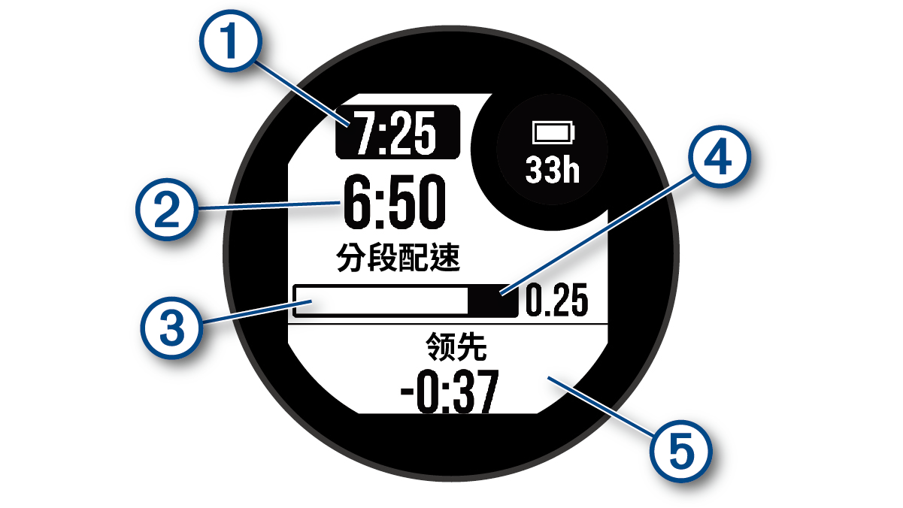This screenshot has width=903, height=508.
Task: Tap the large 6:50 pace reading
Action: [x=391, y=201]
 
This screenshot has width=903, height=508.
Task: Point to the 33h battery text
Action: [x=553, y=171]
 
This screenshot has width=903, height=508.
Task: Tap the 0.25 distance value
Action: [x=556, y=302]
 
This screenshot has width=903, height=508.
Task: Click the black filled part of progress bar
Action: [x=492, y=302]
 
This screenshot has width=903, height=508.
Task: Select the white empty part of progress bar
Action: [x=382, y=302]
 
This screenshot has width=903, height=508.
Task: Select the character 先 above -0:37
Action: [x=472, y=348]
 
